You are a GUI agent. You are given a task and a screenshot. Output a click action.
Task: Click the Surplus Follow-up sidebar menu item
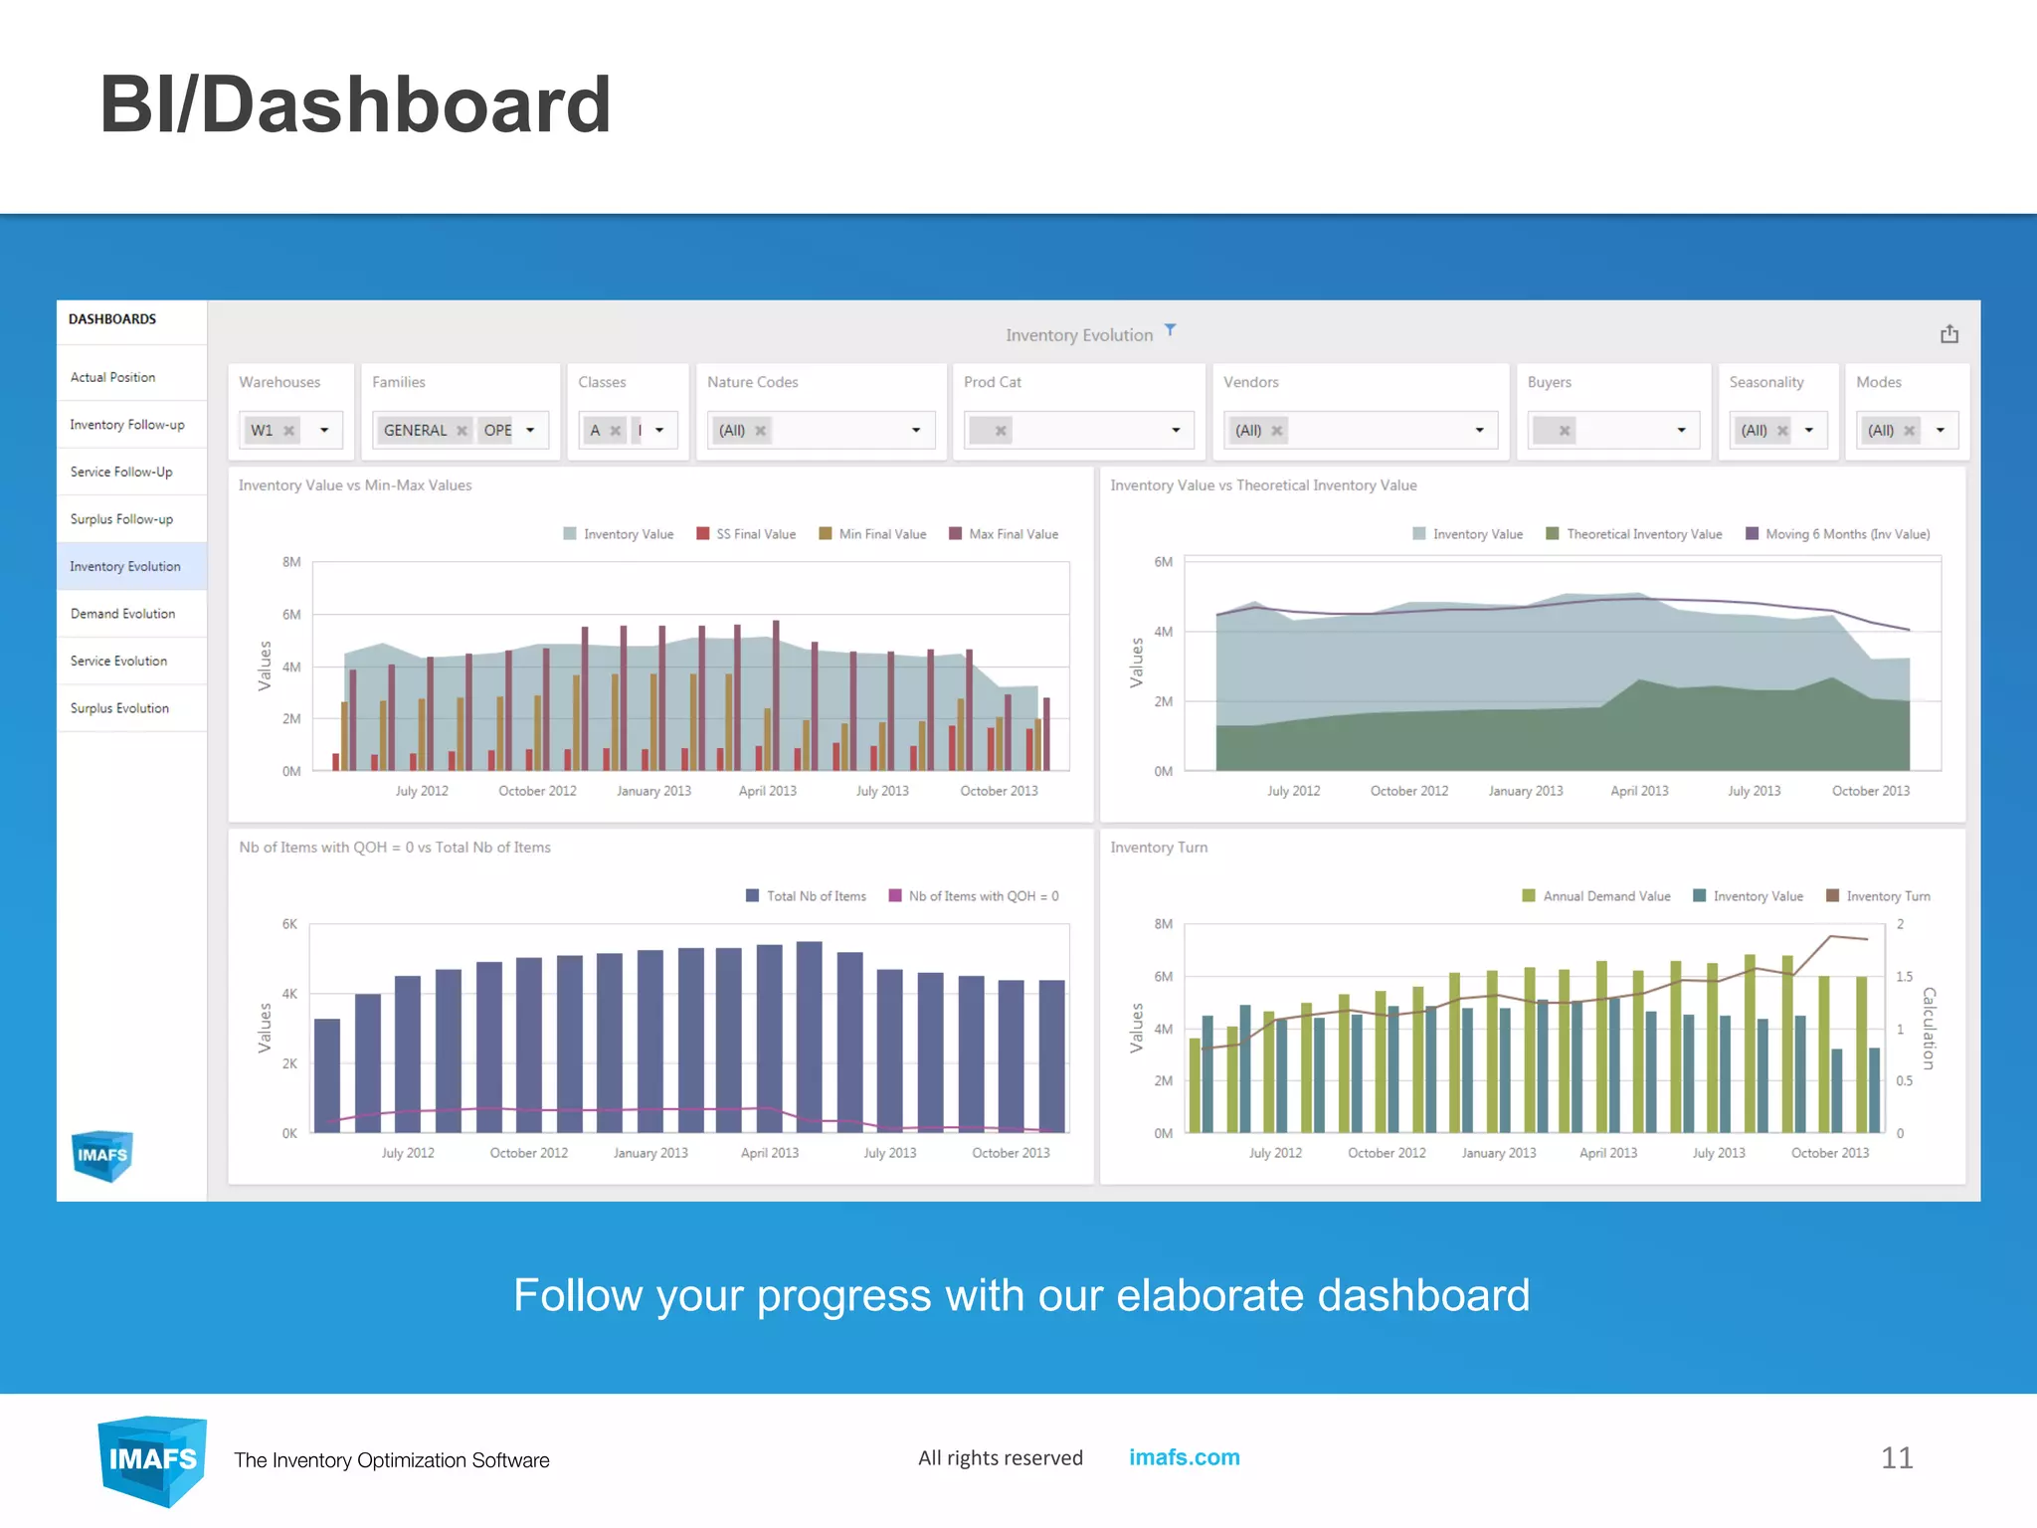tap(121, 519)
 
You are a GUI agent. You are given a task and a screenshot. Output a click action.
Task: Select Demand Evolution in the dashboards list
tap(122, 614)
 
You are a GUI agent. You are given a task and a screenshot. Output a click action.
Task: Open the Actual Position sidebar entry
tap(112, 378)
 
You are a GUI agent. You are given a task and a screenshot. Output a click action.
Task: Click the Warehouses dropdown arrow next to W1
tap(324, 431)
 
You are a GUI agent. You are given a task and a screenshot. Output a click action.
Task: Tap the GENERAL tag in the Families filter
tap(415, 431)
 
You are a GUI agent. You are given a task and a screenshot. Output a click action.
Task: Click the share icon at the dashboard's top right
tap(1948, 334)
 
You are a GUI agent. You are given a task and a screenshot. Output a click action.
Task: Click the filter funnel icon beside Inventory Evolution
tap(1171, 330)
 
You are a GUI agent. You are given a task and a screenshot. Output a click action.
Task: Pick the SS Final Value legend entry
tap(746, 534)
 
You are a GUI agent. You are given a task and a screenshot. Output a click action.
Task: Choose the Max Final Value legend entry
tap(1004, 534)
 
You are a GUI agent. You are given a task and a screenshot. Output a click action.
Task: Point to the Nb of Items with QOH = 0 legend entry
tap(974, 896)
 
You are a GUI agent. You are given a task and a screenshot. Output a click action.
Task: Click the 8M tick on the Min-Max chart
tap(291, 562)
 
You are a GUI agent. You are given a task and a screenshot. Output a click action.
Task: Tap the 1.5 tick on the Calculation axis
tap(1904, 977)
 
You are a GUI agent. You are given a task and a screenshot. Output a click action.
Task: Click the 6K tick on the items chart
tap(289, 924)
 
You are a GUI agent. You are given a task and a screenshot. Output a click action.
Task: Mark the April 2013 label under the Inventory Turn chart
tap(1607, 1153)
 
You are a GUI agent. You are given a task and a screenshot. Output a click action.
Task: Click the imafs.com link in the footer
tap(1184, 1457)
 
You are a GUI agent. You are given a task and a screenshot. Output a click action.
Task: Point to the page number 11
tap(1896, 1458)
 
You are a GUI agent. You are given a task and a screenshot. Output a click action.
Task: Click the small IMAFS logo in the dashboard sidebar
tap(102, 1155)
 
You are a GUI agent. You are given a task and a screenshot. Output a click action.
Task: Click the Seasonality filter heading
tap(1765, 383)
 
